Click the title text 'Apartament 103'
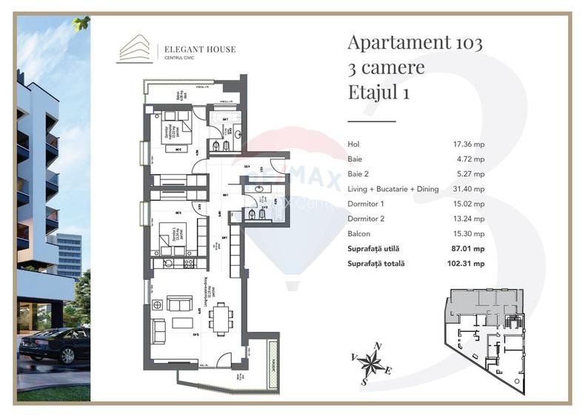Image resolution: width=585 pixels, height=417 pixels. pyautogui.click(x=415, y=42)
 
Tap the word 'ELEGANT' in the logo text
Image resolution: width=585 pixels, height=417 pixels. pyautogui.click(x=184, y=50)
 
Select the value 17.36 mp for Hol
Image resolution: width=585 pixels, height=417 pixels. pyautogui.click(x=469, y=144)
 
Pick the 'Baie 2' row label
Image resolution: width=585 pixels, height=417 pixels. pyautogui.click(x=359, y=174)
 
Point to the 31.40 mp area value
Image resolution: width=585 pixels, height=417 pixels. pyautogui.click(x=469, y=189)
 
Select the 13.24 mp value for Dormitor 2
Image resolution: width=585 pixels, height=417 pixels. pyautogui.click(x=469, y=218)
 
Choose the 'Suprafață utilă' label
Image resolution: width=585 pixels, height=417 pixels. pyautogui.click(x=375, y=248)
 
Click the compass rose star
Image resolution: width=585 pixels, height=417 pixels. pyautogui.click(x=375, y=363)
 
